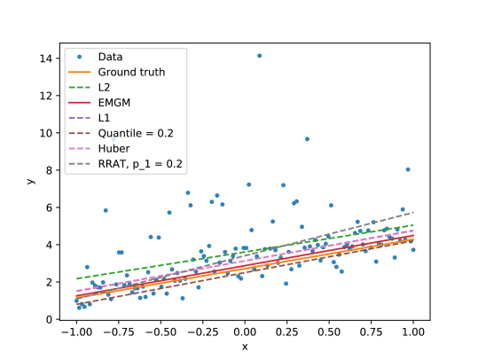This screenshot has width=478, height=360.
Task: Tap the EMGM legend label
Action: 114,103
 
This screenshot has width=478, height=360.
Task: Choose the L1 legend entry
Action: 105,118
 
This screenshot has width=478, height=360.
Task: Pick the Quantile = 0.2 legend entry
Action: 135,134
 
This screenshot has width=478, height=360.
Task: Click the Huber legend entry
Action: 113,149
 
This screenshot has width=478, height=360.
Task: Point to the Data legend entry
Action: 110,57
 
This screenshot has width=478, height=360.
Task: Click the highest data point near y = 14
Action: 259,55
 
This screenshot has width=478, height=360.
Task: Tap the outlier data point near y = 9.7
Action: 307,139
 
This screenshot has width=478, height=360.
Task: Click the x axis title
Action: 245,347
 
